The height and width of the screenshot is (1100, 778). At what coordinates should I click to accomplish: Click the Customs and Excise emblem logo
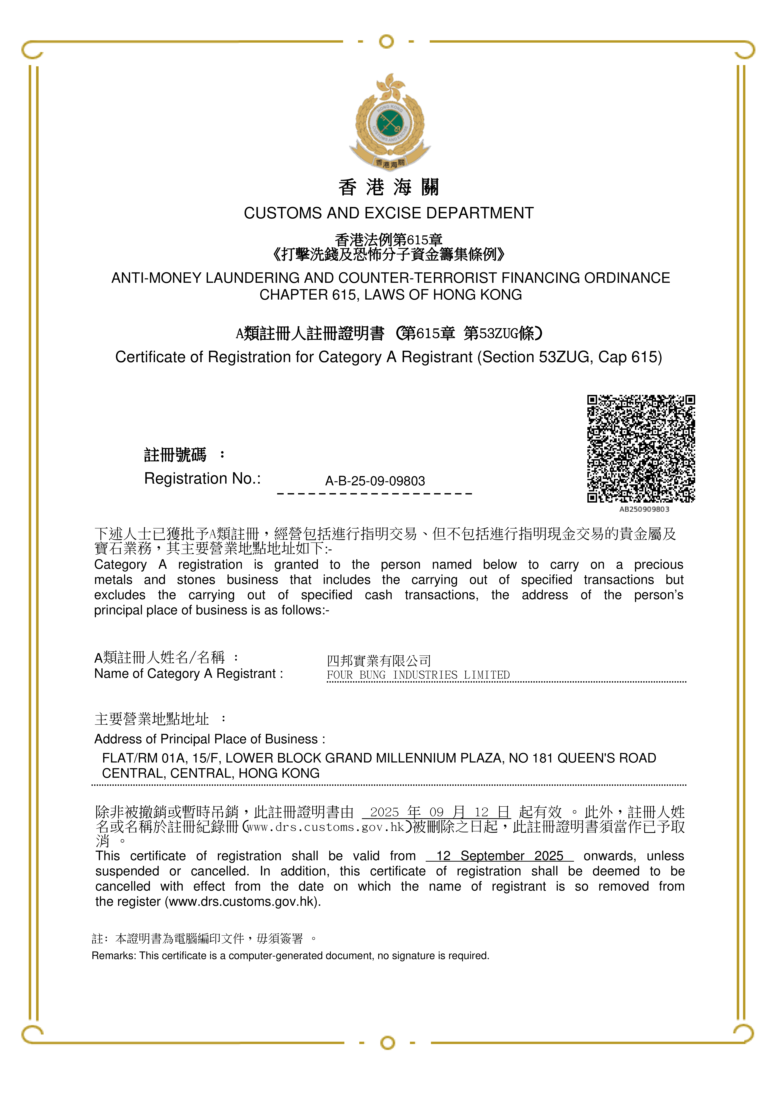click(x=389, y=122)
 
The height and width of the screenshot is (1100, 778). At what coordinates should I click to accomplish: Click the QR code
click(x=641, y=448)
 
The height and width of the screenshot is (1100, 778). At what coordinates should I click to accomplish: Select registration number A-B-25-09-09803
click(x=375, y=481)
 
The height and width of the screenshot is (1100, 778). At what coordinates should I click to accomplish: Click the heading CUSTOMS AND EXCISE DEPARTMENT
click(x=389, y=213)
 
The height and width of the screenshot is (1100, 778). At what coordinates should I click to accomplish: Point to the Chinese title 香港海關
click(x=389, y=187)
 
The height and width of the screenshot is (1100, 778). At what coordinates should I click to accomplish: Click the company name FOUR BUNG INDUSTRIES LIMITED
click(x=418, y=675)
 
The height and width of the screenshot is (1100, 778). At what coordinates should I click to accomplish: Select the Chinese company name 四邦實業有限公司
click(x=379, y=661)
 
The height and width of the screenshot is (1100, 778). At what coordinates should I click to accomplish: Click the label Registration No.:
click(x=202, y=479)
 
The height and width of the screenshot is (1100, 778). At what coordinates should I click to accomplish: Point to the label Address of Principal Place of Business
click(x=209, y=739)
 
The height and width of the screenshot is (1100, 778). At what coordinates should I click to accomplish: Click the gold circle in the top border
click(x=386, y=42)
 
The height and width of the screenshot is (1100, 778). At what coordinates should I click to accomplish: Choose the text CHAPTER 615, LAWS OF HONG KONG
click(x=391, y=295)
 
